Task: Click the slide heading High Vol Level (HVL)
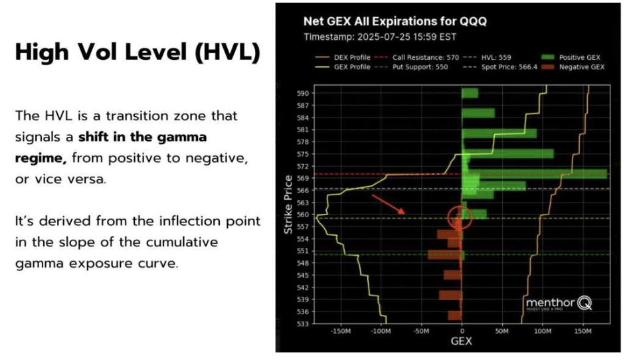(137, 53)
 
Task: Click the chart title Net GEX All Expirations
(395, 21)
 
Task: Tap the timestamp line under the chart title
(381, 36)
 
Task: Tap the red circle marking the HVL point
(460, 217)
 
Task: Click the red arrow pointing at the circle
(389, 204)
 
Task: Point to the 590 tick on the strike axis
(302, 93)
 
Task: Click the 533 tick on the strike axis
(302, 323)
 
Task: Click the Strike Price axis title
(288, 205)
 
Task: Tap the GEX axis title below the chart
(461, 342)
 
